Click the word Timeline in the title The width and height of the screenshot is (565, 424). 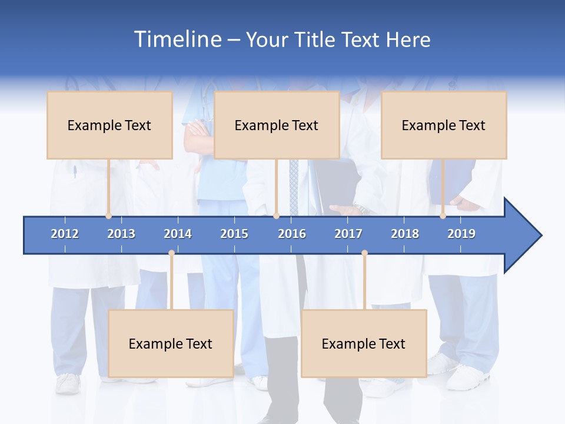pyautogui.click(x=177, y=39)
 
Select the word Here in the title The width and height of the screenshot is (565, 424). pyautogui.click(x=408, y=40)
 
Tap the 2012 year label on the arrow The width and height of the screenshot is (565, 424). pyautogui.click(x=65, y=234)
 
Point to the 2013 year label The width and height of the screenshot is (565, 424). pyautogui.click(x=121, y=234)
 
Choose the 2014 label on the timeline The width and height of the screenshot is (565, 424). pyautogui.click(x=178, y=234)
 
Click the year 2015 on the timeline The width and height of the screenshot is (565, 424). pyautogui.click(x=234, y=234)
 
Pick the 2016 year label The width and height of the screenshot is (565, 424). pyautogui.click(x=292, y=234)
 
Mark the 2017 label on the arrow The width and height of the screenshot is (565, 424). pyautogui.click(x=348, y=234)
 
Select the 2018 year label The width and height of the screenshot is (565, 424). pyautogui.click(x=405, y=234)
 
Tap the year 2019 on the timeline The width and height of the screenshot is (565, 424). pyautogui.click(x=461, y=234)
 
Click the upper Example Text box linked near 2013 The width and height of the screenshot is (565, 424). pyautogui.click(x=109, y=125)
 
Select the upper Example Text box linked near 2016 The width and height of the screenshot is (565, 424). pyautogui.click(x=277, y=125)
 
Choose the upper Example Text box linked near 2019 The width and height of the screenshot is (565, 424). pyautogui.click(x=444, y=125)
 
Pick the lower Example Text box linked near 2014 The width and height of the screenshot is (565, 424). pyautogui.click(x=171, y=343)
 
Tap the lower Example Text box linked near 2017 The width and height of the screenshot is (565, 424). pyautogui.click(x=364, y=343)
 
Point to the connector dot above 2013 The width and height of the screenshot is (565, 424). pyautogui.click(x=108, y=216)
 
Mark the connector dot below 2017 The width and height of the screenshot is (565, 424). pyautogui.click(x=364, y=253)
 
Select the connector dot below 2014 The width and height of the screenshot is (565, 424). pyautogui.click(x=171, y=253)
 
